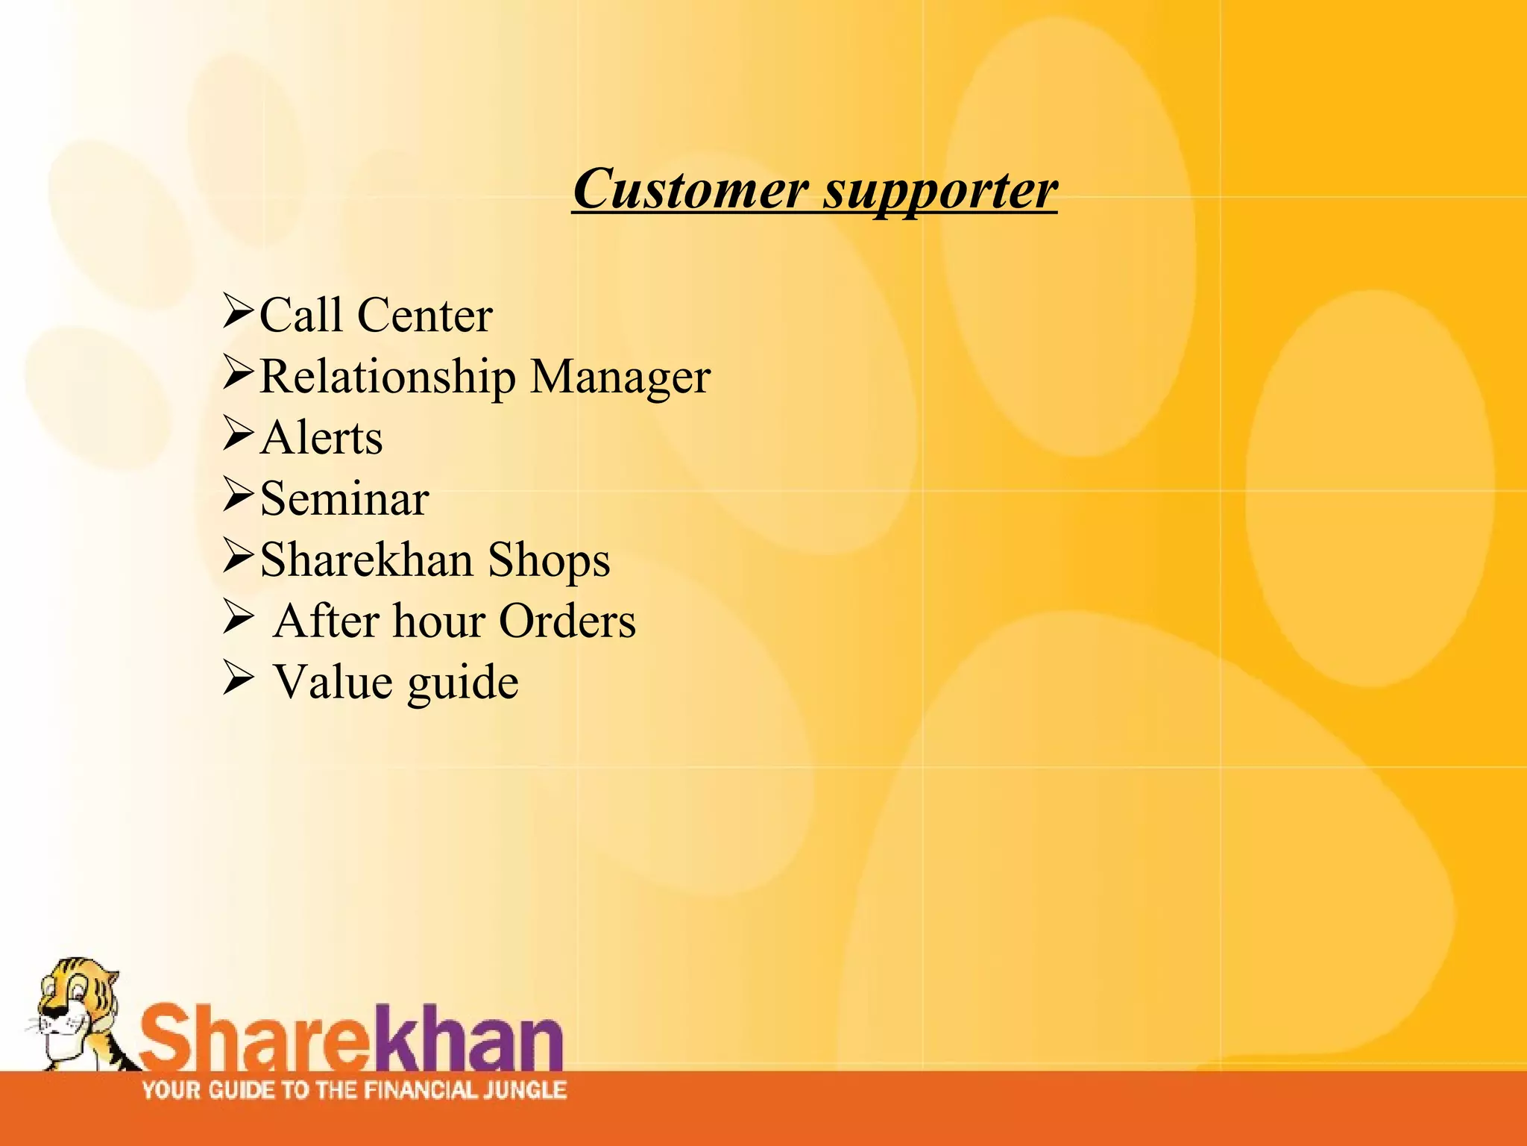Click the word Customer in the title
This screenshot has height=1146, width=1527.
pos(690,189)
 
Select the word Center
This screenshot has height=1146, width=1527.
pos(424,316)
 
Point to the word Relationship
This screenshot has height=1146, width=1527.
pos(387,376)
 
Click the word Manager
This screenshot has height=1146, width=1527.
pos(620,378)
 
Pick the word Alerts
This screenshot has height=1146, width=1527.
pos(321,438)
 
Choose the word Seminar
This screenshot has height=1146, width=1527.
pos(344,498)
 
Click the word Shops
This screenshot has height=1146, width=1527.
pos(549,561)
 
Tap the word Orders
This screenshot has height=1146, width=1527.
pos(567,621)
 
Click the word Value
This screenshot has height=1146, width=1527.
pos(333,682)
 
